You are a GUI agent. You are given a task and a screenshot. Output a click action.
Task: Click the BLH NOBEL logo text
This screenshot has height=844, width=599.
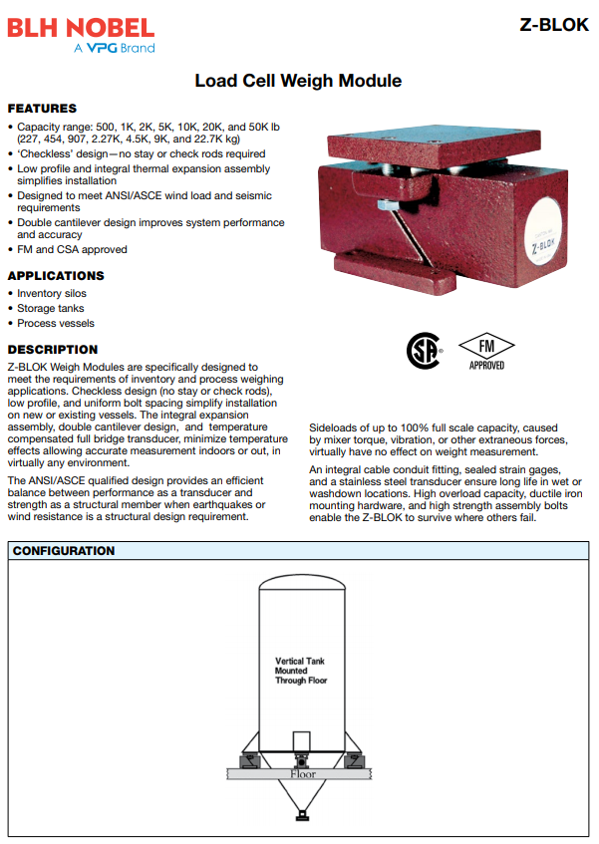point(81,27)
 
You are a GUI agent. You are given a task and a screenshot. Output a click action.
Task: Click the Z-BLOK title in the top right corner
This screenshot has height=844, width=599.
point(554,25)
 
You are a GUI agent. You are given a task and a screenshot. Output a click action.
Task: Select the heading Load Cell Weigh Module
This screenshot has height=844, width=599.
point(298,81)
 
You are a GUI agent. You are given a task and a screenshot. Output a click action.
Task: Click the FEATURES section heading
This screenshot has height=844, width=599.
point(42,108)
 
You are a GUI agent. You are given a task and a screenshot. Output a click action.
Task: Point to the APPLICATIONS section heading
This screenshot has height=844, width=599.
point(56,275)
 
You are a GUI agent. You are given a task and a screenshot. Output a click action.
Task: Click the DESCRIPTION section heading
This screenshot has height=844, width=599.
point(53,350)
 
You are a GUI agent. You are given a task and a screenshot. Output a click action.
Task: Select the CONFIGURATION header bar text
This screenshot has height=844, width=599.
point(63,551)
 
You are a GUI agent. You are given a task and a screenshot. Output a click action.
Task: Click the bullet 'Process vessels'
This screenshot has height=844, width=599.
point(56,324)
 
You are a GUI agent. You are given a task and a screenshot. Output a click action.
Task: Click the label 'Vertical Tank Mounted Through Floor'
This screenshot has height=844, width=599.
point(300,671)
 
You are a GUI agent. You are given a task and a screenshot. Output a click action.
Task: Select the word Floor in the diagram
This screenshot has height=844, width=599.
point(302,774)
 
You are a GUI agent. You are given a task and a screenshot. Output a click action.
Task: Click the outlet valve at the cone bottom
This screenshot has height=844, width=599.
point(302,816)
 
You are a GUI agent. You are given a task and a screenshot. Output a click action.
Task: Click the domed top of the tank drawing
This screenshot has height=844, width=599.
point(302,586)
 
